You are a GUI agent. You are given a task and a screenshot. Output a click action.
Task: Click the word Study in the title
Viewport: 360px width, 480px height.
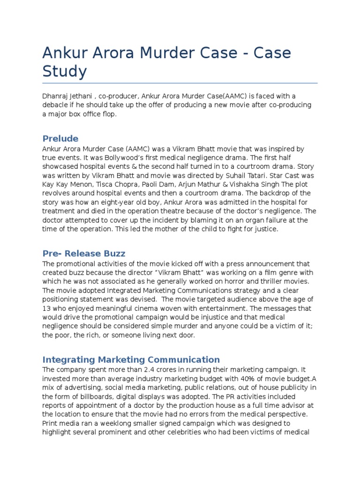tap(65, 72)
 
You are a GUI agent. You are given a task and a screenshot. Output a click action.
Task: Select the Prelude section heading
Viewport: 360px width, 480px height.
tap(60, 138)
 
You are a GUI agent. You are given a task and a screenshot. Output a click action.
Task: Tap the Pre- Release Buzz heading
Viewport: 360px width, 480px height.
tap(84, 254)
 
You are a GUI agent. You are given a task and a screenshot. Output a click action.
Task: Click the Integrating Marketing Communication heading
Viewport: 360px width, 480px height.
tap(131, 360)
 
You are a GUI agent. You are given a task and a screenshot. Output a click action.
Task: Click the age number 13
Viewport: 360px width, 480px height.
tap(47, 308)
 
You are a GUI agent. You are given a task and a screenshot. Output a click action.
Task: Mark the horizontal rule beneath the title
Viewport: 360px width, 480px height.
tap(180, 83)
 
